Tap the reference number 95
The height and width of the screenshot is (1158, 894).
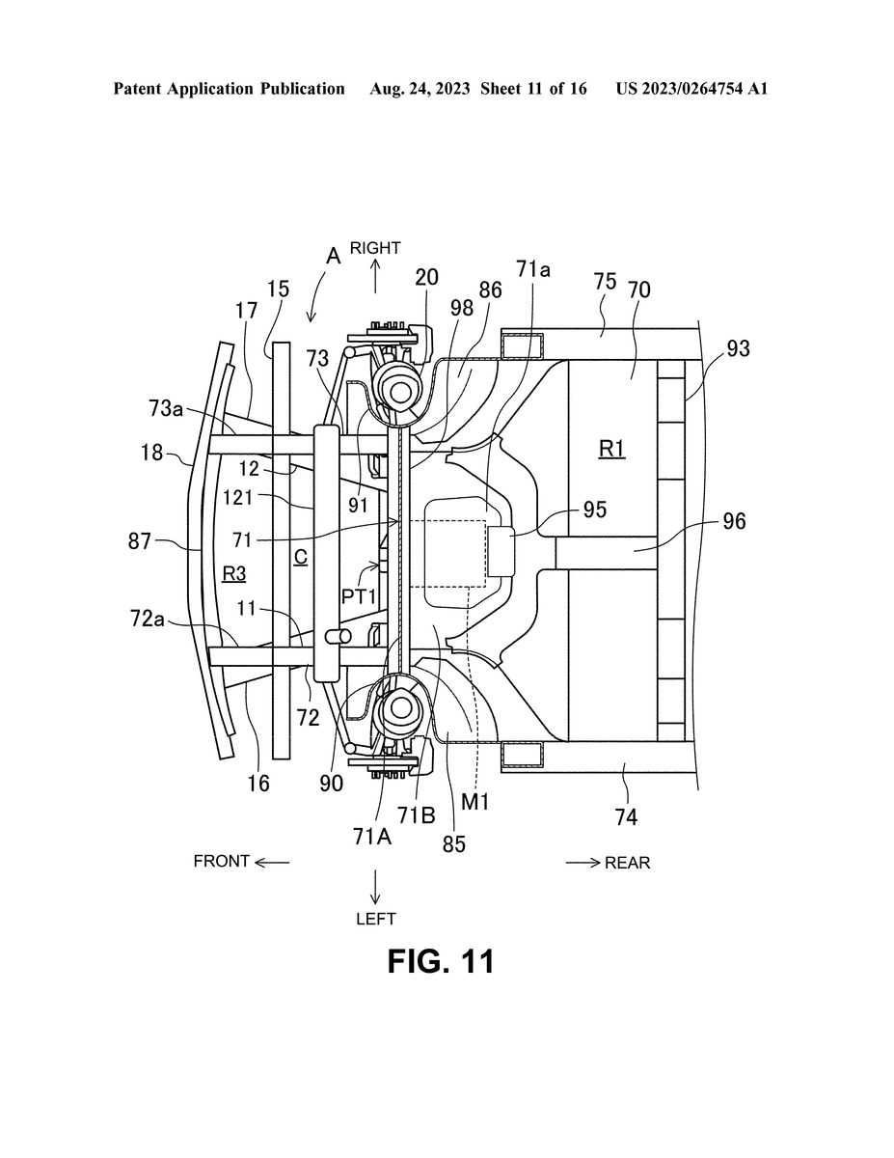point(595,510)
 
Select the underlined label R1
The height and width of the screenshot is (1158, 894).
point(611,450)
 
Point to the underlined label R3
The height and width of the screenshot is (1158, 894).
point(233,573)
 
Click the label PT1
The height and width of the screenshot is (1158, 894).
point(358,596)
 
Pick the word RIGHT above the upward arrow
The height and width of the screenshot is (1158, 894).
point(375,248)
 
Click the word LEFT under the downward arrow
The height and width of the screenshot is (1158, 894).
point(376,919)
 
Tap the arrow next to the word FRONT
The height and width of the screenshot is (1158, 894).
point(272,863)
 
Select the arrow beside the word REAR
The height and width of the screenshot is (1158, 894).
point(583,863)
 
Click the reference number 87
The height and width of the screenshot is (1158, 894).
point(140,541)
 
